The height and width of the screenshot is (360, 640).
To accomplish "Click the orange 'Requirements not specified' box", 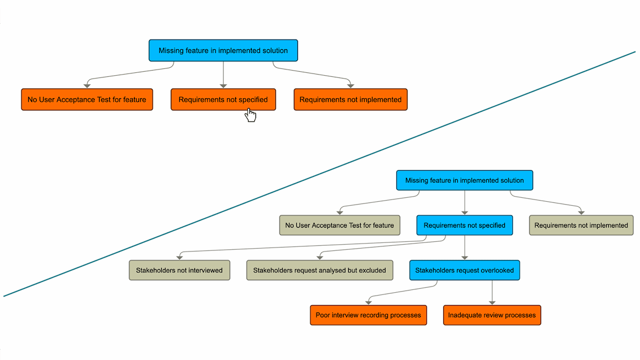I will click(x=223, y=99).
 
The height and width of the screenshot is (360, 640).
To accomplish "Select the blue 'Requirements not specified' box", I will click(x=464, y=225).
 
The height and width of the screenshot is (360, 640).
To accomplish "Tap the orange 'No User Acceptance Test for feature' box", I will click(x=87, y=99).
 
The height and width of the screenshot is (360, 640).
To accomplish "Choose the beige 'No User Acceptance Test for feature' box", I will click(x=339, y=225).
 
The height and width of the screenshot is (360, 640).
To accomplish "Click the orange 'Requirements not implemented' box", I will click(x=350, y=99).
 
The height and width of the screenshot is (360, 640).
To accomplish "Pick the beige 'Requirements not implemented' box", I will click(x=581, y=225).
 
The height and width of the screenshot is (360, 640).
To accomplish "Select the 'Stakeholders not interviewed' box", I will click(x=179, y=270).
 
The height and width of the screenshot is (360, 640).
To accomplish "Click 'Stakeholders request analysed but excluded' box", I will click(x=319, y=270).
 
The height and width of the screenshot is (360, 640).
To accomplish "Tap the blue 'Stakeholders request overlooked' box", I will click(x=464, y=270).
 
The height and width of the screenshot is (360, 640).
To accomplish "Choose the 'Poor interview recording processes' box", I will click(x=368, y=315).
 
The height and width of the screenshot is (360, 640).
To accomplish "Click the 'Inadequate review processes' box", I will click(x=492, y=315).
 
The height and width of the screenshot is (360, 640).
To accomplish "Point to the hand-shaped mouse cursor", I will click(x=250, y=115).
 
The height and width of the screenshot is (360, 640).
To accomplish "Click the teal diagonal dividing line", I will click(x=319, y=174).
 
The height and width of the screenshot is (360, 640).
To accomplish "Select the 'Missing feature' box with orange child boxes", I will click(x=223, y=50).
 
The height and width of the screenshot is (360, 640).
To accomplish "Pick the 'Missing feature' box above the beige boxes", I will click(x=464, y=180).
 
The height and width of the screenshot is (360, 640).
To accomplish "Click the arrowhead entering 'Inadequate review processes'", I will click(x=492, y=302).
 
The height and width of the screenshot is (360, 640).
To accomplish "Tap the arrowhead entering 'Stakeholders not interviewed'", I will click(x=179, y=257).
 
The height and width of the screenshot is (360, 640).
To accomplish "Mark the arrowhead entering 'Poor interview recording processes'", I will click(x=369, y=302).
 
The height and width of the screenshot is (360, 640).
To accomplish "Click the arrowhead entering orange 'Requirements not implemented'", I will click(x=351, y=85).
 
